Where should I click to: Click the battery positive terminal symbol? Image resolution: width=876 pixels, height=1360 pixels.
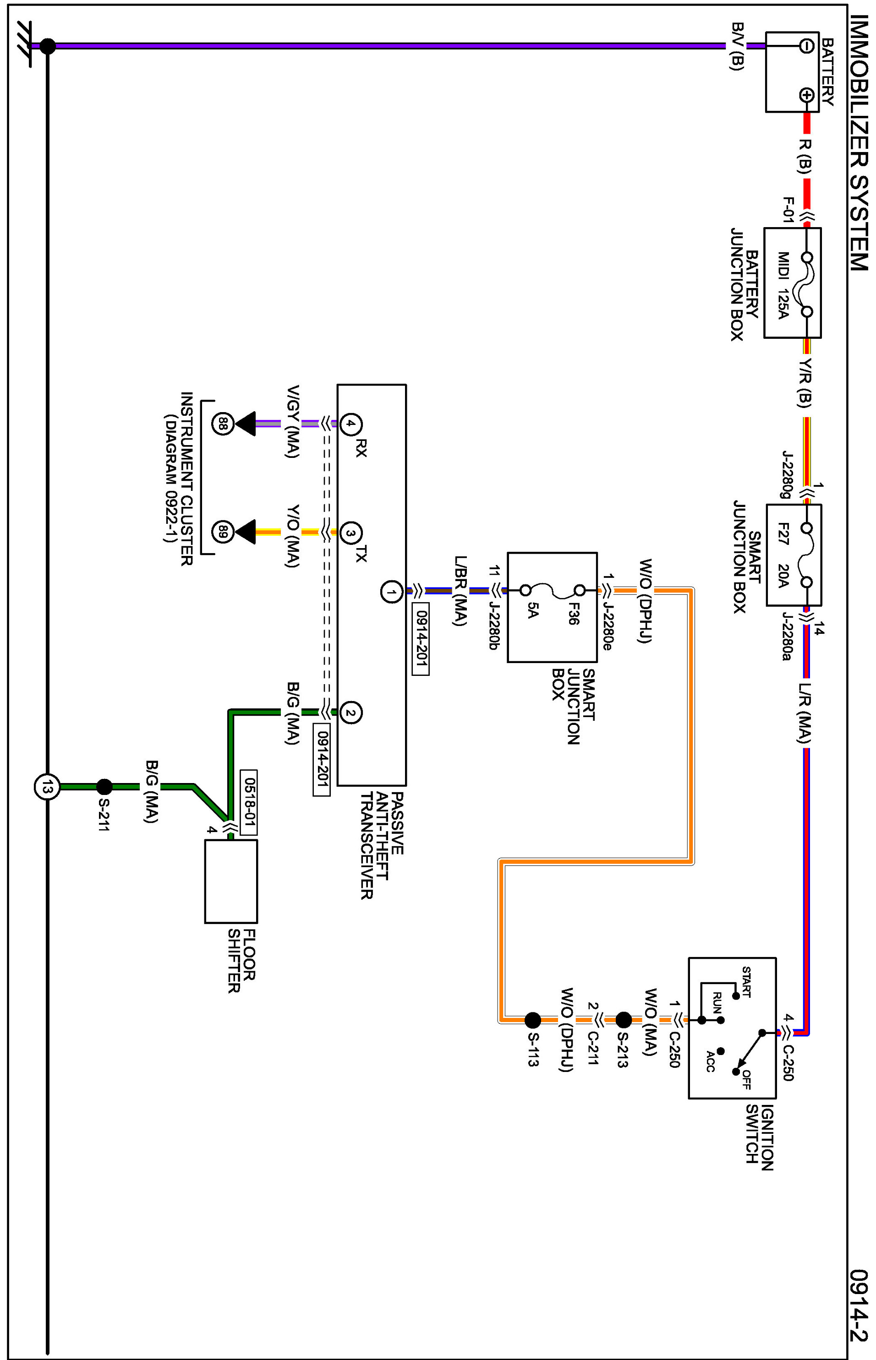pos(806,95)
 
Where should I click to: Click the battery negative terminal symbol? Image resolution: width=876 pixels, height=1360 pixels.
pos(806,45)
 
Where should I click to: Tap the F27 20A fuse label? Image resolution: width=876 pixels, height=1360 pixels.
pos(783,555)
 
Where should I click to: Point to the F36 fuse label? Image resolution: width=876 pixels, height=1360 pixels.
pos(573,614)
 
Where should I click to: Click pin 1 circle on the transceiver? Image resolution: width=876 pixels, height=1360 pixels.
pos(391,593)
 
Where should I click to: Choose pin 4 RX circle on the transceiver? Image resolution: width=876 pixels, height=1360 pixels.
pos(351,424)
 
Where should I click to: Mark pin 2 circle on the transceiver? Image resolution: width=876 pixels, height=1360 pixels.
pos(351,713)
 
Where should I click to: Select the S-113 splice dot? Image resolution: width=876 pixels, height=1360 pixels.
pos(532,1021)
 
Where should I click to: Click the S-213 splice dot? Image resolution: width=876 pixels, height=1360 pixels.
pos(624,1020)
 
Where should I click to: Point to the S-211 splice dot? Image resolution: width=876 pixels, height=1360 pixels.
pos(104,787)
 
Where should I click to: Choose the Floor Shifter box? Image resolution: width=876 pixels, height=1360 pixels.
pos(231,882)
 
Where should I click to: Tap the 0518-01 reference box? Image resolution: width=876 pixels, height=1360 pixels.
pos(249,802)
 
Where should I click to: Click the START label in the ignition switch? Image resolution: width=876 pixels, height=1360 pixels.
pos(746,982)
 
